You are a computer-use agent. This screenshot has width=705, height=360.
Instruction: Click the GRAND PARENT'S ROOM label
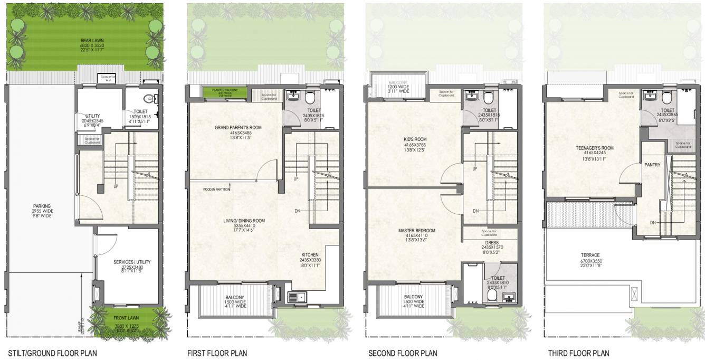pyautogui.click(x=237, y=128)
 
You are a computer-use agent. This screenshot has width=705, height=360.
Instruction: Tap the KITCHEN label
pyautogui.click(x=310, y=254)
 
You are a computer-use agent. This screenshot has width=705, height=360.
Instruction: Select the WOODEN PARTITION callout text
pyautogui.click(x=216, y=189)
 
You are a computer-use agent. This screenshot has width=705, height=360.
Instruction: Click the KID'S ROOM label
pyautogui.click(x=414, y=140)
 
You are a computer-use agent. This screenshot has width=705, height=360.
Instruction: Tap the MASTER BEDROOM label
pyautogui.click(x=417, y=231)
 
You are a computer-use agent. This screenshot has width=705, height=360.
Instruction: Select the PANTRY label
pyautogui.click(x=652, y=165)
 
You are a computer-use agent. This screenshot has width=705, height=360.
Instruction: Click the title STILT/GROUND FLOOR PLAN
pyautogui.click(x=52, y=353)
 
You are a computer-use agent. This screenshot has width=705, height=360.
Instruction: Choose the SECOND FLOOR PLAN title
pyautogui.click(x=403, y=353)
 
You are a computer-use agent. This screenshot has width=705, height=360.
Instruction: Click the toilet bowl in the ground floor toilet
pyautogui.click(x=150, y=99)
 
